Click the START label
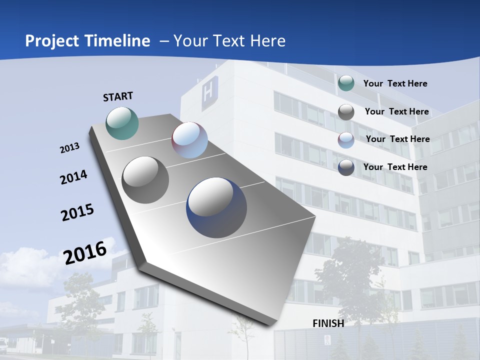click(x=118, y=96)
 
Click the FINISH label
click(x=328, y=323)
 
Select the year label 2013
click(x=69, y=148)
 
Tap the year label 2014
click(x=73, y=177)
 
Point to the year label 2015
click(x=77, y=212)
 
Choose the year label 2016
click(x=85, y=252)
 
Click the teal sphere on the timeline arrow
click(x=122, y=123)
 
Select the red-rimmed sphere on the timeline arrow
click(x=189, y=139)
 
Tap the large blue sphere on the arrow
click(x=216, y=207)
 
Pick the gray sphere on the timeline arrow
click(x=145, y=179)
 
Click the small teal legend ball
click(x=345, y=83)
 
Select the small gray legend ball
click(x=345, y=112)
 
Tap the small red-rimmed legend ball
click(x=345, y=139)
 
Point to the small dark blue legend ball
click(x=345, y=167)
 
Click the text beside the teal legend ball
click(x=395, y=83)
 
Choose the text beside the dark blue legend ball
click(x=395, y=167)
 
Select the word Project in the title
click(x=49, y=41)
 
